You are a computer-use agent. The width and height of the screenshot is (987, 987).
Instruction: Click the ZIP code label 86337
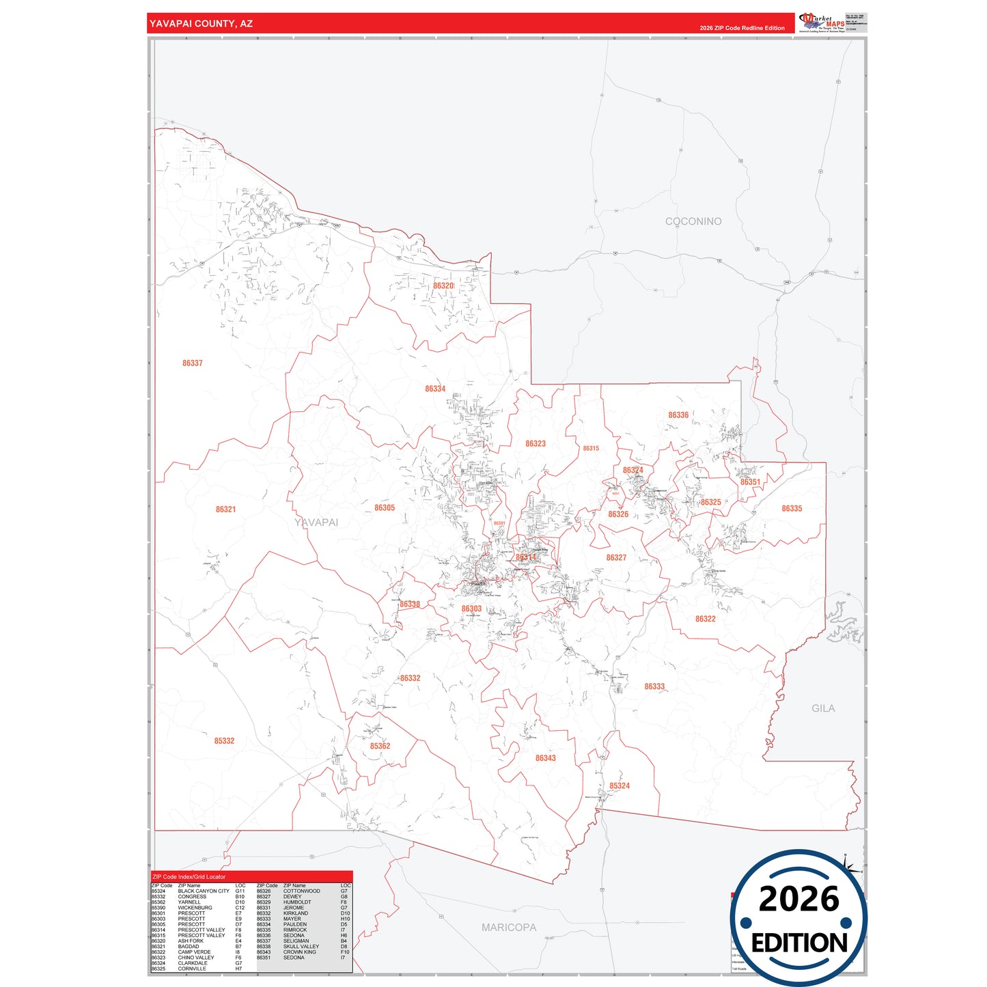click(x=193, y=363)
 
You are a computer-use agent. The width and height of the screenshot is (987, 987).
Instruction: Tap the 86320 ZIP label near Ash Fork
click(x=443, y=286)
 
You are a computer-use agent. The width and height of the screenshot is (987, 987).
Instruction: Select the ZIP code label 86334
click(x=435, y=389)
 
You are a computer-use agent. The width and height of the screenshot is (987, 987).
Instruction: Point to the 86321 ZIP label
click(x=226, y=510)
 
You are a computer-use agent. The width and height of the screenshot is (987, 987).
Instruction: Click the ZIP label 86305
click(x=385, y=508)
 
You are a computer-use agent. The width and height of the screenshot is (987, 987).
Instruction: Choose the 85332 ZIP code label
click(x=224, y=741)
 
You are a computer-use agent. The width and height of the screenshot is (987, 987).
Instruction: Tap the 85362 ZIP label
click(x=380, y=746)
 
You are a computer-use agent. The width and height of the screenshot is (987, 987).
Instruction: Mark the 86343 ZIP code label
click(x=546, y=758)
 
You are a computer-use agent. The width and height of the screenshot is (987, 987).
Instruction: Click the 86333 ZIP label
click(x=654, y=686)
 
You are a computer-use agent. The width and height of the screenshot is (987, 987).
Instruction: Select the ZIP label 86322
click(x=706, y=619)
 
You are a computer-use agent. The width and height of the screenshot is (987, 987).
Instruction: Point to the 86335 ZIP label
click(x=792, y=509)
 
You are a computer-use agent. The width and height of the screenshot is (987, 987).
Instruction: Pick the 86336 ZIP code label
click(x=678, y=415)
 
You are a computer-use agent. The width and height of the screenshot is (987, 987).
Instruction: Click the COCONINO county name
click(x=693, y=221)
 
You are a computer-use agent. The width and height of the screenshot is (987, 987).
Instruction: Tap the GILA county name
click(x=823, y=708)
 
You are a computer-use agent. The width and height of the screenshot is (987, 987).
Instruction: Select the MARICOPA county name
click(x=509, y=928)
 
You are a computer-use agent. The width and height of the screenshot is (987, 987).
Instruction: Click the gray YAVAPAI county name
click(x=316, y=523)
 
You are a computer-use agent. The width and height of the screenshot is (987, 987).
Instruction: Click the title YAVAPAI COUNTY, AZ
click(x=201, y=24)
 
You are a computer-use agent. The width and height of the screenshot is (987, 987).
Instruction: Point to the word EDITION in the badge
click(x=799, y=943)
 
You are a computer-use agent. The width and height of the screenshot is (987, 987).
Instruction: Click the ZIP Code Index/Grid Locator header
click(x=189, y=877)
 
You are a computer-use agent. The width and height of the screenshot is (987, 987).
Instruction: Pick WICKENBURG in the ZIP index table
click(x=195, y=908)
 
